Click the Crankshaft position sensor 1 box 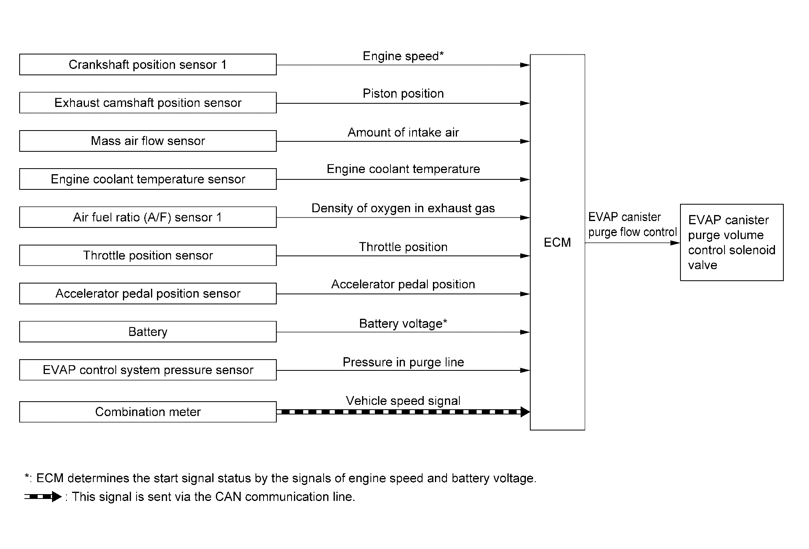point(148,64)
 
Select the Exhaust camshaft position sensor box point(148,103)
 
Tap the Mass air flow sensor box point(148,141)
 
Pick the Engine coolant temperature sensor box point(148,179)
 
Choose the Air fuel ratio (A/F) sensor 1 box point(148,217)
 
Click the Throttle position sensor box point(148,255)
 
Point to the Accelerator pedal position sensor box point(148,294)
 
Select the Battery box point(148,332)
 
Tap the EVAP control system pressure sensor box point(148,370)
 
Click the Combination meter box point(148,412)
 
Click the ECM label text point(557,242)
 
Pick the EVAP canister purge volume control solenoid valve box point(732,242)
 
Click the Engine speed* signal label point(403,56)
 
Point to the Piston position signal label point(403,94)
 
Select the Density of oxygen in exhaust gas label point(403,208)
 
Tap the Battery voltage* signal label point(403,324)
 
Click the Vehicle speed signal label point(403,401)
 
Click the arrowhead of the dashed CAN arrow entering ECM point(525,412)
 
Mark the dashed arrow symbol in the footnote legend point(43,497)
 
